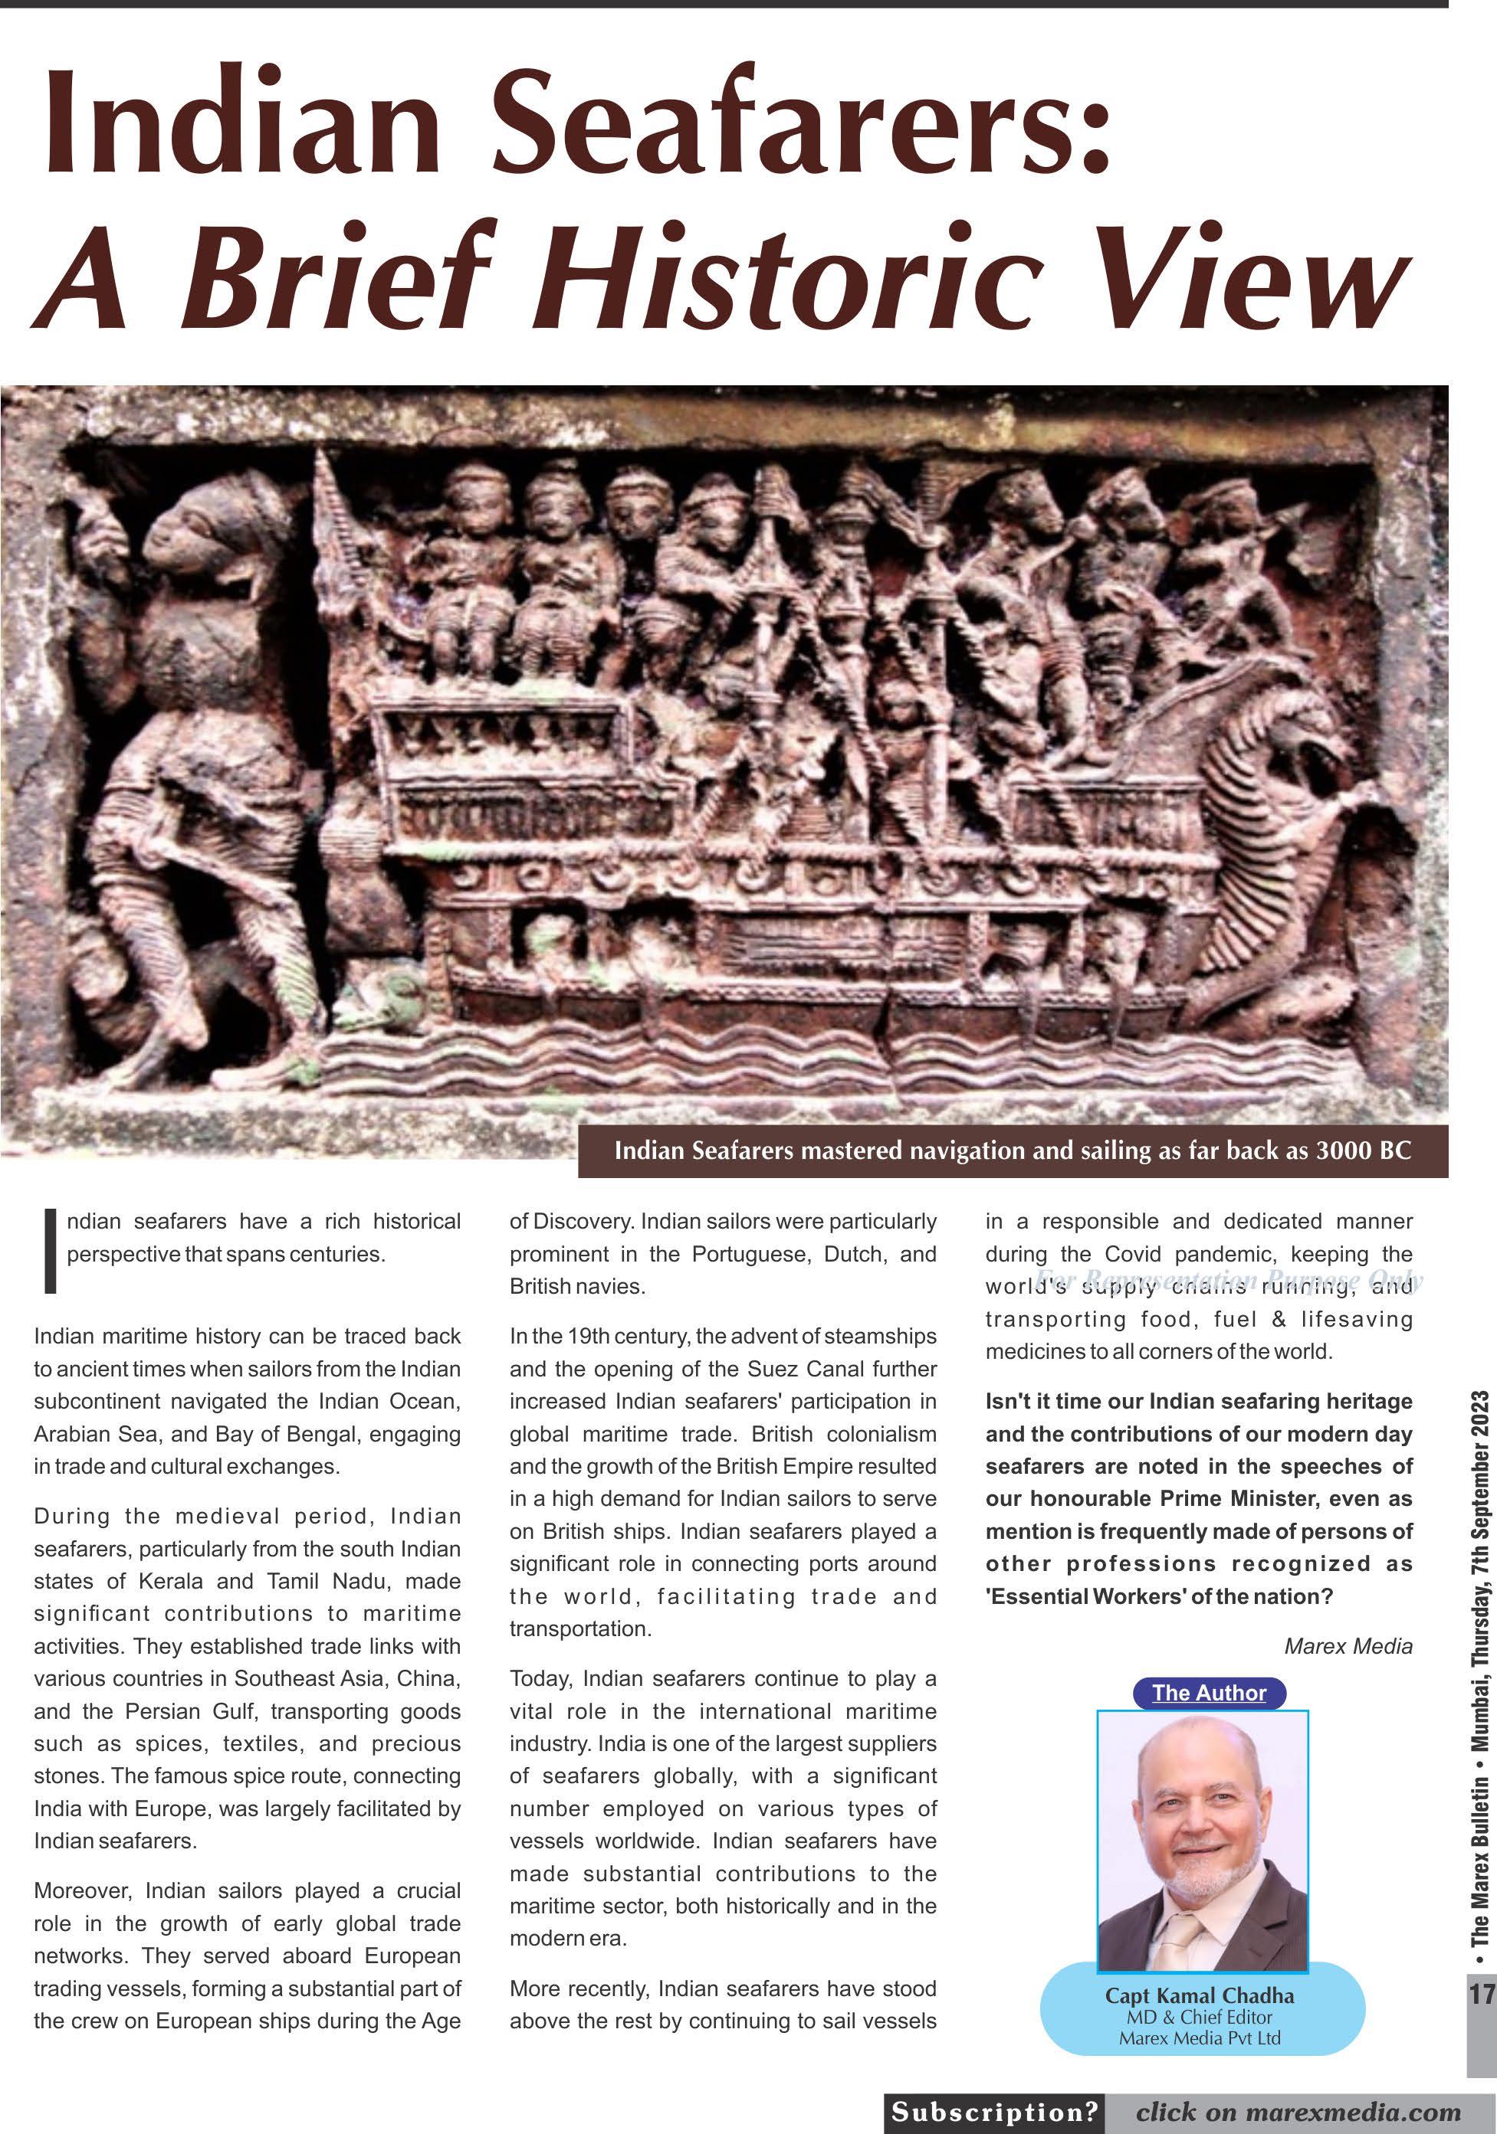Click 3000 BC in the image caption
[1363, 1150]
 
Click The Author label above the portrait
[1209, 1693]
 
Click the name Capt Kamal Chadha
[1199, 1995]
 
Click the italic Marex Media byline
[1348, 1646]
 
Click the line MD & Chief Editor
[1199, 2017]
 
